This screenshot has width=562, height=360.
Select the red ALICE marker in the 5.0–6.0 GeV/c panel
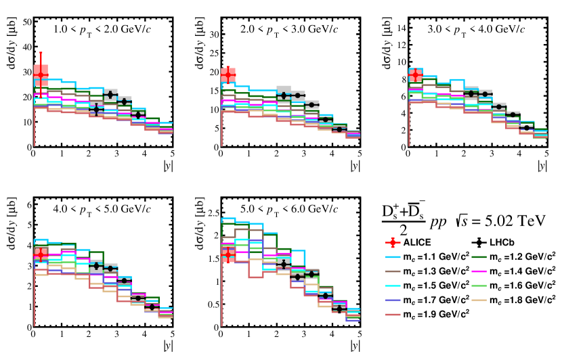[228, 254]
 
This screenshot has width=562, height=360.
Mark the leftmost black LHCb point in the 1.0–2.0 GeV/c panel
[96, 109]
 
